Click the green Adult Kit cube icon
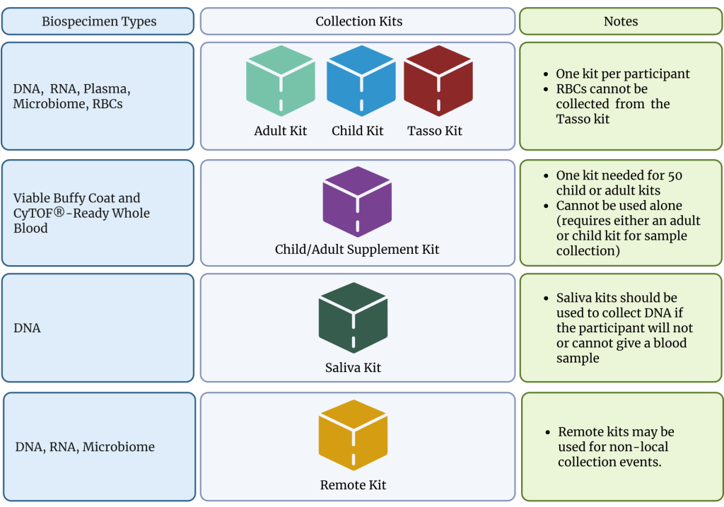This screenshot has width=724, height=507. pos(281,81)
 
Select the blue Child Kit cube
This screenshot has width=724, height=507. pos(361,81)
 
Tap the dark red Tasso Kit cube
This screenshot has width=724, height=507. pos(438,81)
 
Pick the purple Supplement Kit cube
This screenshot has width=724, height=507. pos(357,202)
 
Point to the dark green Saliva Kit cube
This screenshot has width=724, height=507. pos(353,317)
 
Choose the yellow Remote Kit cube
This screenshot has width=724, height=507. pos(353,436)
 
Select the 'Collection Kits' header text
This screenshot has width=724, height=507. pos(358,21)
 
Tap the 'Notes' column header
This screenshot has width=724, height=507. pos(621,21)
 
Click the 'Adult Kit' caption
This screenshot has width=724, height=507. pos(281,131)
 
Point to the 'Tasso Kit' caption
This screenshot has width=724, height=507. pos(435,131)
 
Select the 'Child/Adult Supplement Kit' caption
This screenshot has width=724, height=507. pos(357,250)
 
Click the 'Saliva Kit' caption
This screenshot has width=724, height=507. pos(353,368)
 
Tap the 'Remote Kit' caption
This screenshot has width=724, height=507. pos(353,485)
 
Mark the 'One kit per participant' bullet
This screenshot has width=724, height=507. pos(622,74)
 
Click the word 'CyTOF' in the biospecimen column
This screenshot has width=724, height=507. pos(35,213)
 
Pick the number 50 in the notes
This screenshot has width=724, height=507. pos(674,175)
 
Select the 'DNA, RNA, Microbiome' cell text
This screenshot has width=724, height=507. pos(85,447)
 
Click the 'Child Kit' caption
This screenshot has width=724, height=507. pos(358,131)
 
